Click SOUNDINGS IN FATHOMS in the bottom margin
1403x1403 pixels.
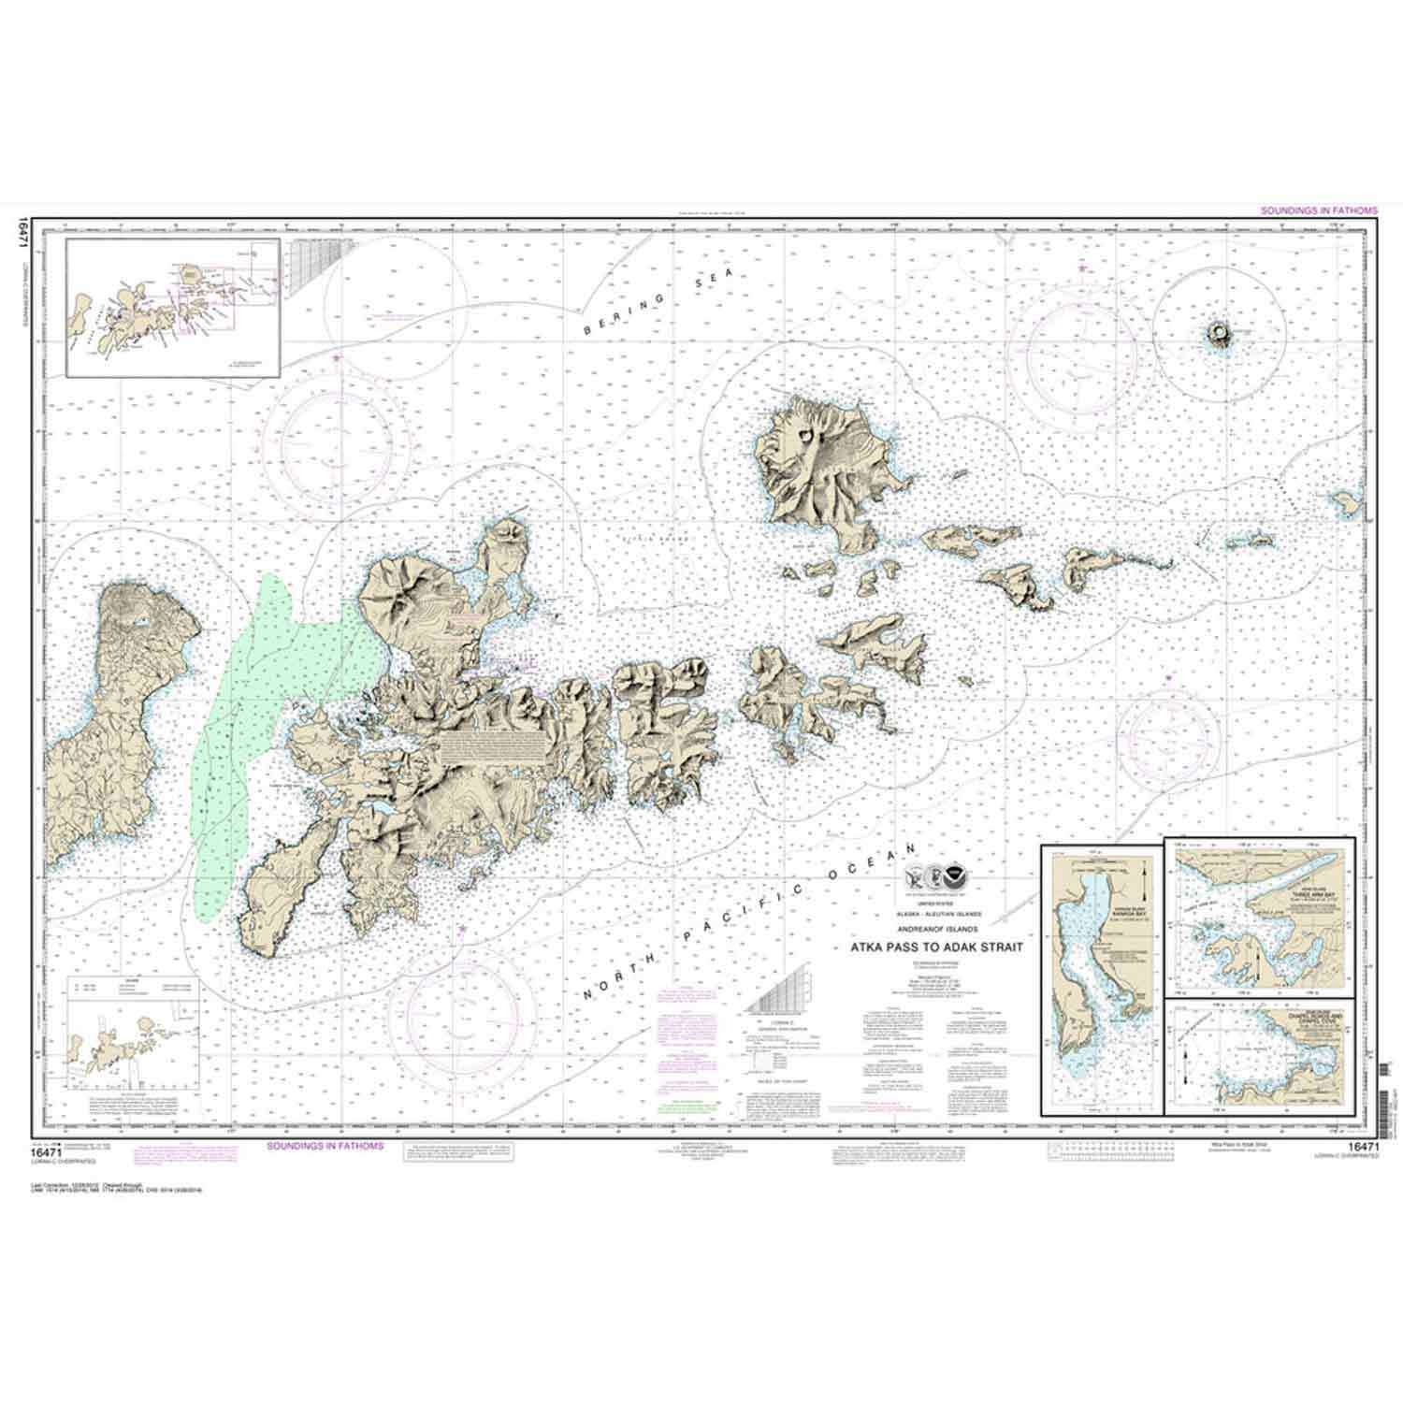[325, 1145]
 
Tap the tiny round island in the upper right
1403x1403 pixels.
[1219, 332]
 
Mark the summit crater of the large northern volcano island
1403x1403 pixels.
[806, 436]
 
